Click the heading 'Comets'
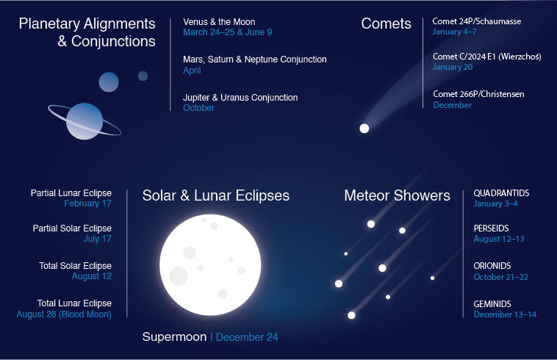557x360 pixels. point(386,24)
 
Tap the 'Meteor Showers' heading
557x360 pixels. point(397,195)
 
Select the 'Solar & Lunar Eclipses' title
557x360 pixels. point(215,195)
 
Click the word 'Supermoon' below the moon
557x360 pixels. point(174,337)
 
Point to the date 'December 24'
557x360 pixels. point(247,337)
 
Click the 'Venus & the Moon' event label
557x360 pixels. point(219,22)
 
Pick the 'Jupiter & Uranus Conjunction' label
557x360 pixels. point(240,98)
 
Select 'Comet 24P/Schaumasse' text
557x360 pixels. point(477,21)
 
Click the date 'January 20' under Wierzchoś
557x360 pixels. point(453,68)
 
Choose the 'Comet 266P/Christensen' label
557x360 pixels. point(478,94)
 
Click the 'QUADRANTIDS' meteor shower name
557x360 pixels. point(501,193)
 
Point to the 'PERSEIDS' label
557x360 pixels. point(491,228)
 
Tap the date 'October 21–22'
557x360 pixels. point(500,277)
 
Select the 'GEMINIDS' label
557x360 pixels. point(492,304)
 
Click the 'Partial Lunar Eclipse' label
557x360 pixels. point(71,193)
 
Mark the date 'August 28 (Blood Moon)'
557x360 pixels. point(64,314)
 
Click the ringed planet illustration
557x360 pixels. point(85,120)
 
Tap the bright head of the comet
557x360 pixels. point(364,129)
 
